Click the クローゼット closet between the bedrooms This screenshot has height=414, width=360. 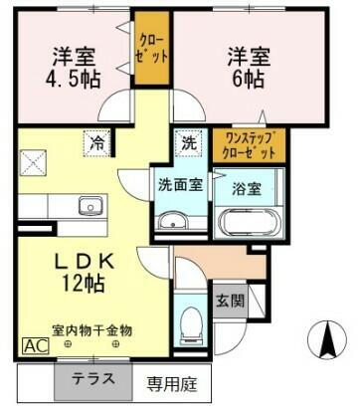coord(152,49)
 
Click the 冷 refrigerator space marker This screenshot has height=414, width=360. coord(98,141)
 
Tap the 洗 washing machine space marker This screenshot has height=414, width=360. coord(188,141)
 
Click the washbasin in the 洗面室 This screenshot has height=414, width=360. coord(178,221)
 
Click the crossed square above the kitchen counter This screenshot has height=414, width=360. coord(36,160)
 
